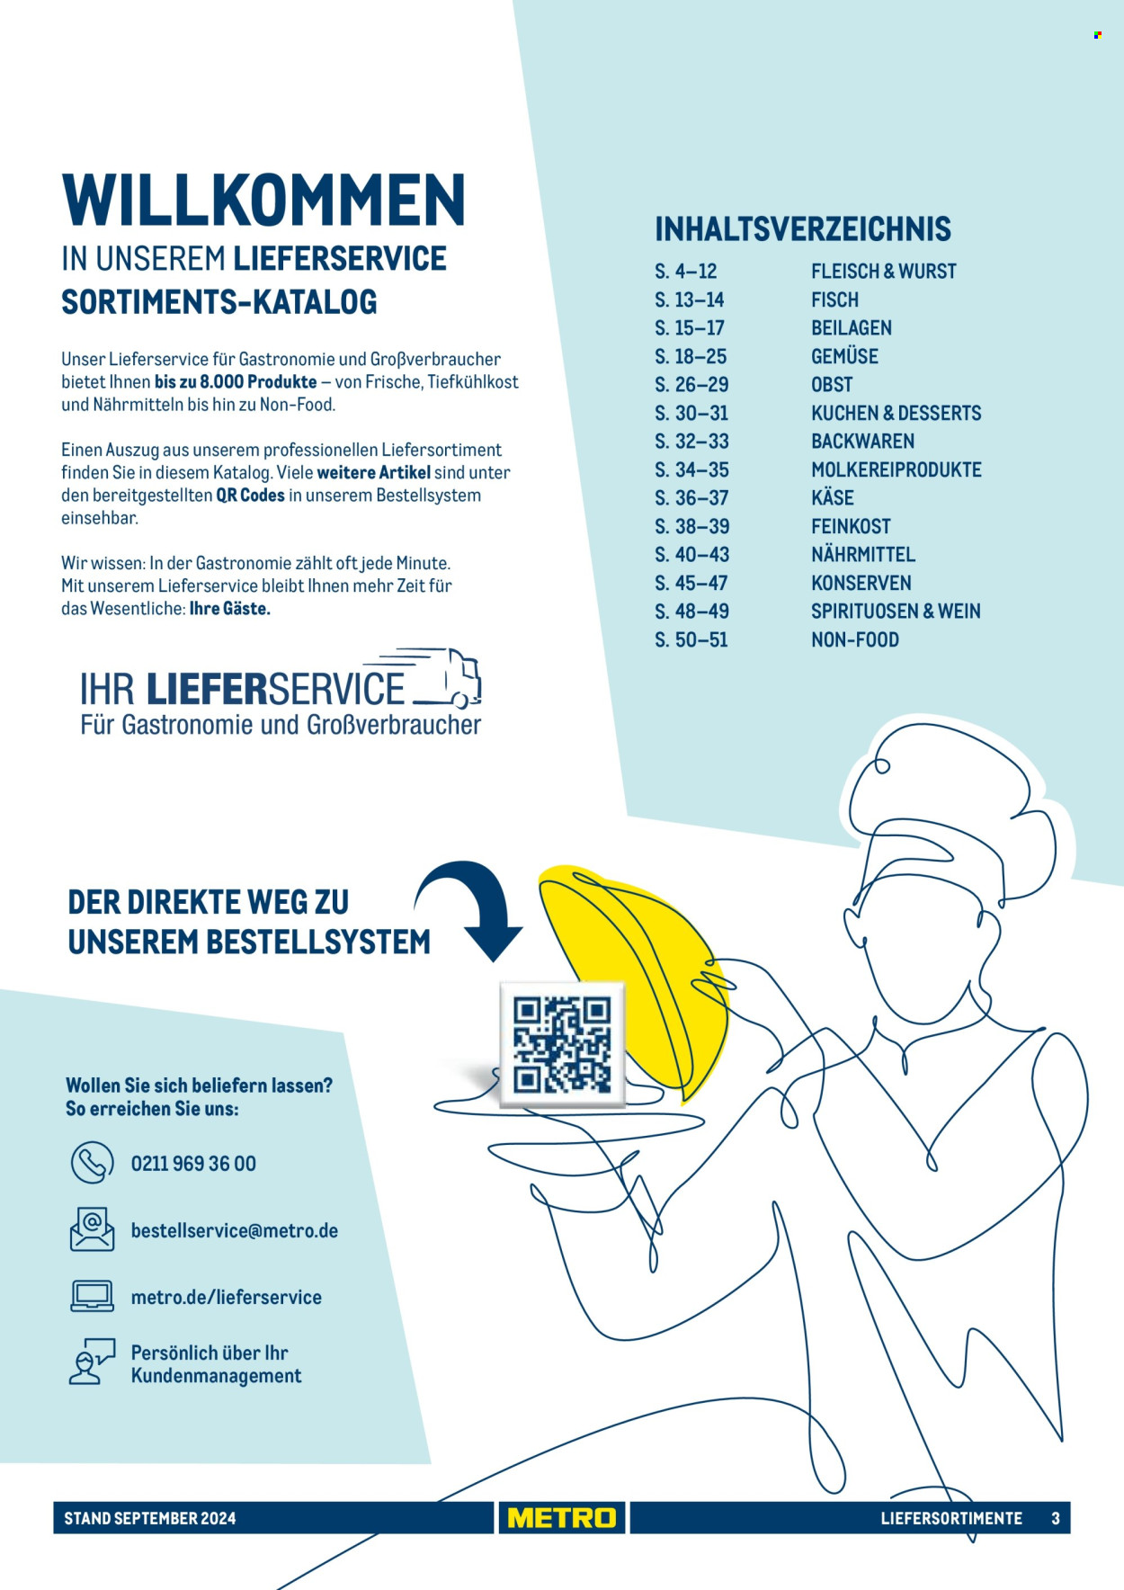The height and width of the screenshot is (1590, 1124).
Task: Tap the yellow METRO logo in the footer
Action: (562, 1518)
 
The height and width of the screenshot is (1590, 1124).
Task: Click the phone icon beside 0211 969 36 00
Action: (93, 1162)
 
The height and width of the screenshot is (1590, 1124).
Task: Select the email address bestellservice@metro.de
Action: (235, 1230)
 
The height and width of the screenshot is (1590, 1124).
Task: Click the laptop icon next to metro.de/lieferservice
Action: (93, 1296)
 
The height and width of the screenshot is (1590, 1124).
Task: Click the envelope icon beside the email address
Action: (93, 1229)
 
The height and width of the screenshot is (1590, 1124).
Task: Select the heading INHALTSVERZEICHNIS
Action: (803, 229)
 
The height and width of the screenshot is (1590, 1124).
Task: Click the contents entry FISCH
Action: (834, 299)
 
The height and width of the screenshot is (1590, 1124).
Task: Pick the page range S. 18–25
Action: (691, 356)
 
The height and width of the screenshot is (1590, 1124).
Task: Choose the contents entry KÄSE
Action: (833, 497)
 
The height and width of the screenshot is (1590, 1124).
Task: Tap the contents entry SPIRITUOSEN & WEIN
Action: (896, 612)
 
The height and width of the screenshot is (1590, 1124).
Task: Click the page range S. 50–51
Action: (691, 639)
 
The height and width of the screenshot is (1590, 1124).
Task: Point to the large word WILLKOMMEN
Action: (263, 200)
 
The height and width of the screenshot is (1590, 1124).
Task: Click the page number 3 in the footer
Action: (1056, 1518)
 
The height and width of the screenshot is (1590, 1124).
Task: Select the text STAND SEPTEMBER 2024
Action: (150, 1518)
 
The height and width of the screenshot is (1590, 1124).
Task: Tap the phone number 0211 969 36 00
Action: (193, 1164)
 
